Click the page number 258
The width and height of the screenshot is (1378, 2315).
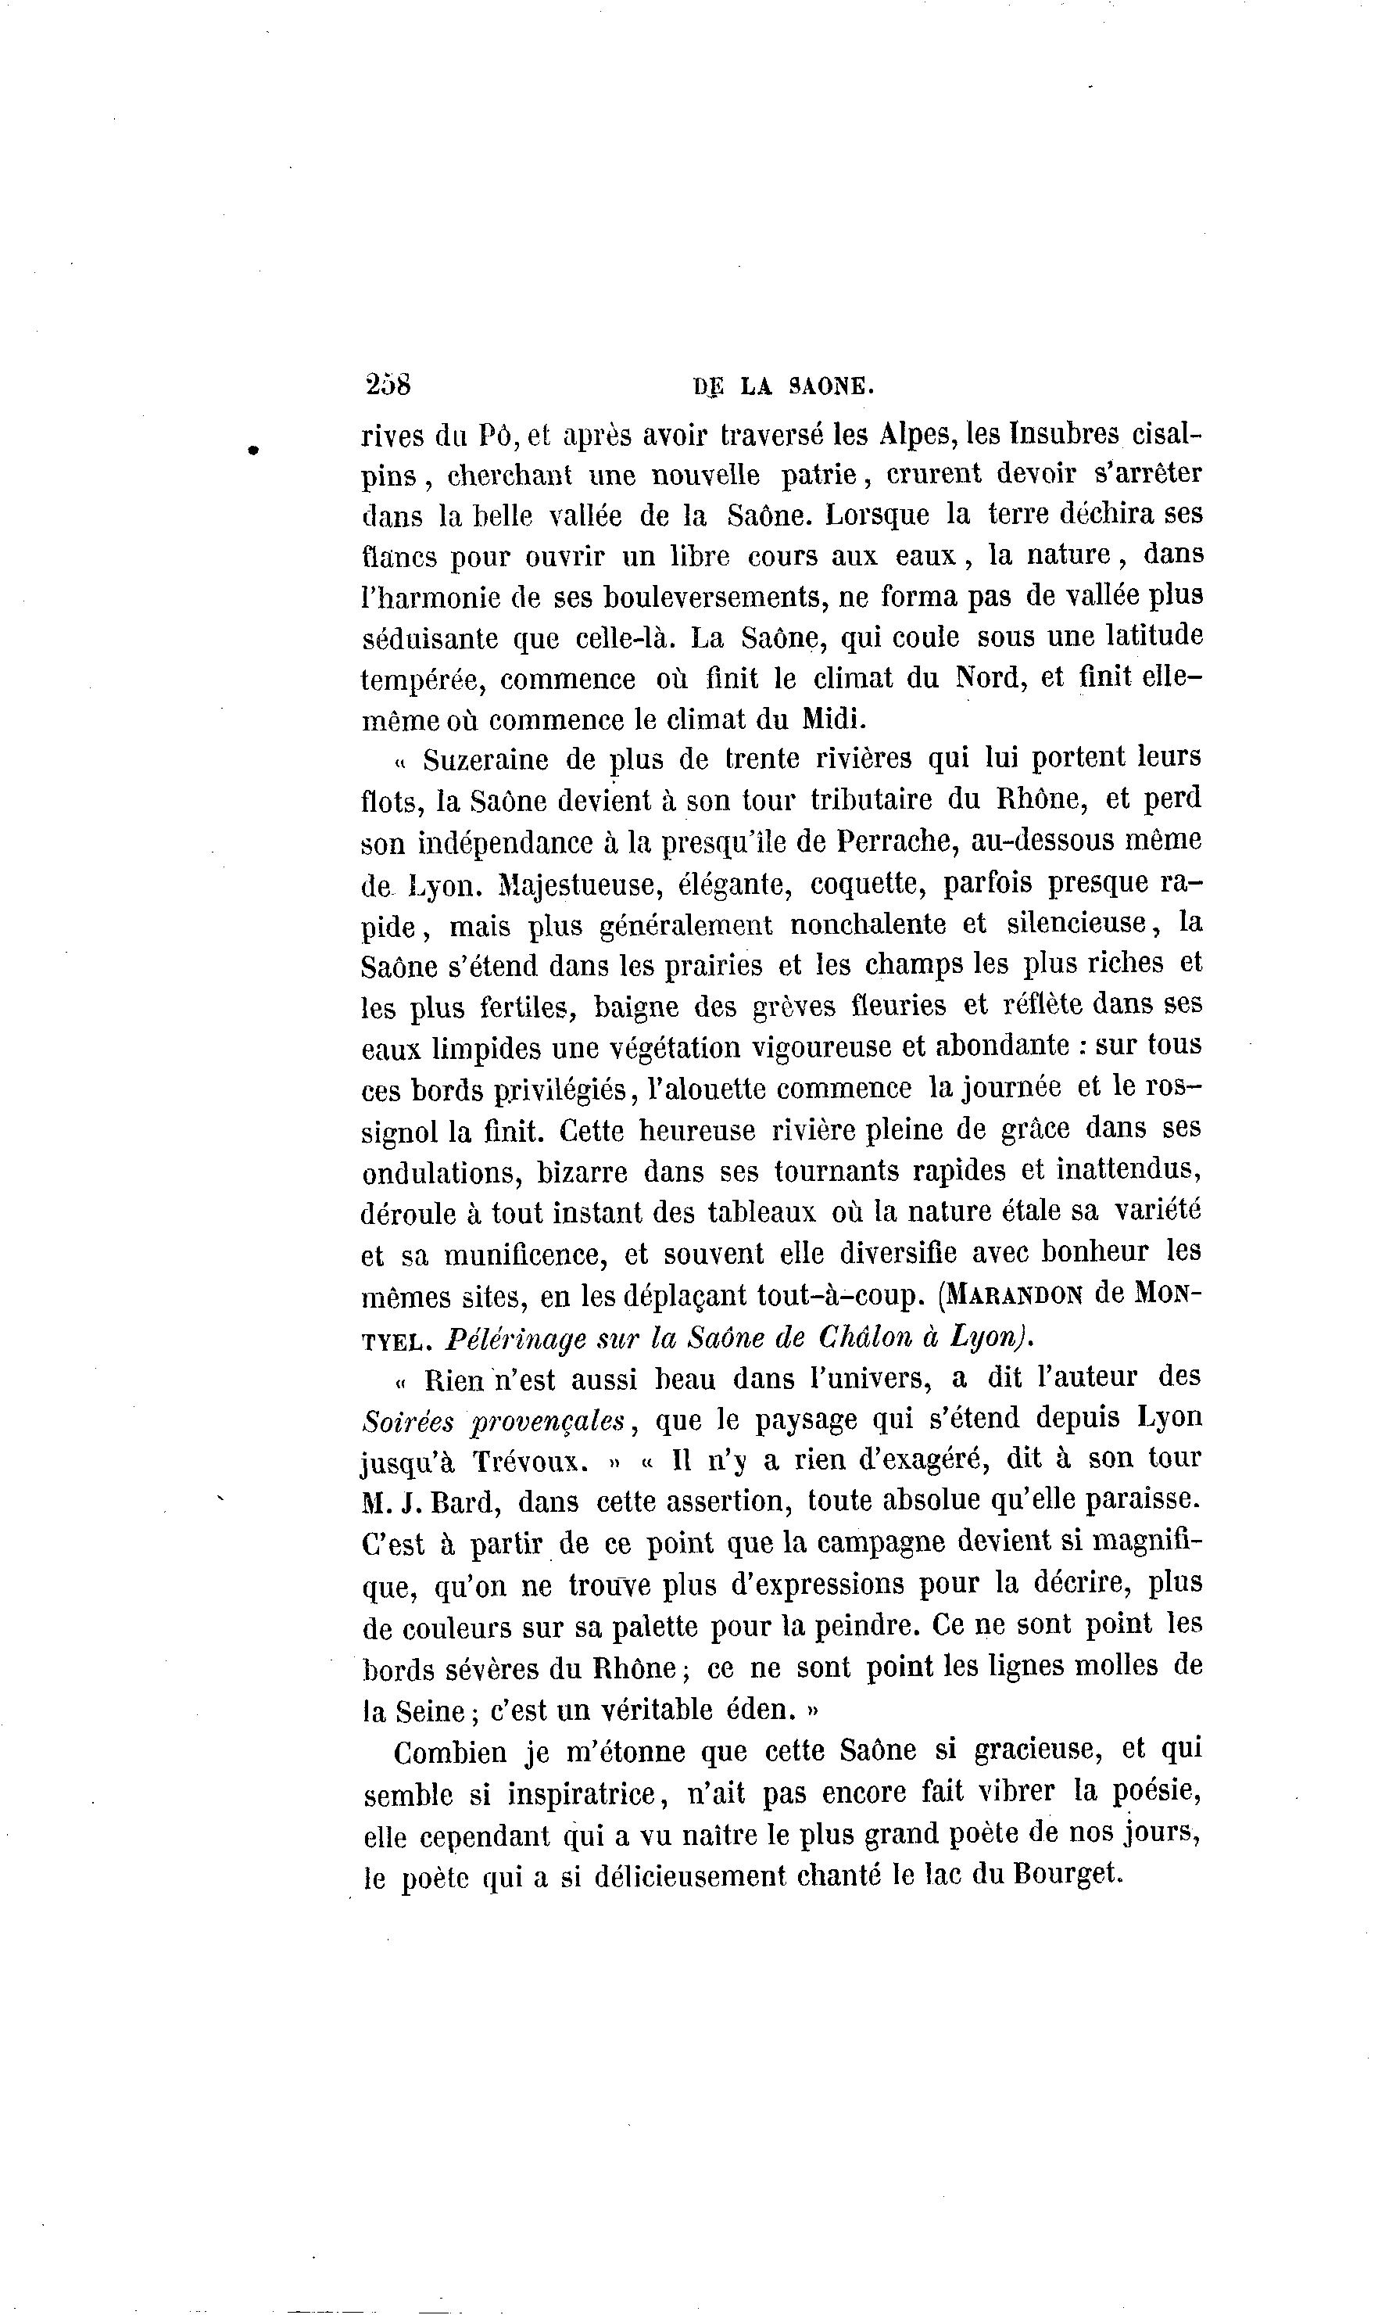[388, 384]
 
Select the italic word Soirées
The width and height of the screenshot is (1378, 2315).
[408, 1421]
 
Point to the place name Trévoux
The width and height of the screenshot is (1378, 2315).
[530, 1463]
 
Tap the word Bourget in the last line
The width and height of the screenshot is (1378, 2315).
[1068, 1874]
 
